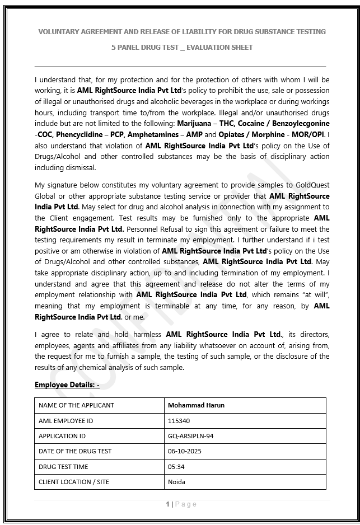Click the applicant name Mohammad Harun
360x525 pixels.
196,405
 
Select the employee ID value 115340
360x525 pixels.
179,420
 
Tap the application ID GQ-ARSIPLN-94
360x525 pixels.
190,435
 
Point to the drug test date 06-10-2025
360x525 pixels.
184,451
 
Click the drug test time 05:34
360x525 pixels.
176,466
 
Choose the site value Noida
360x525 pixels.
176,481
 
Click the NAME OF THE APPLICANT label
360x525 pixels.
76,405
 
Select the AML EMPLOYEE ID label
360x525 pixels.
66,420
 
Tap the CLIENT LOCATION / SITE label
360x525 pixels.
73,481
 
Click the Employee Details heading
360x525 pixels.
67,385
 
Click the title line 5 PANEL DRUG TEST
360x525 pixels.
182,48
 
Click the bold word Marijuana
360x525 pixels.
194,123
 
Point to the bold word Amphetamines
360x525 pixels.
151,134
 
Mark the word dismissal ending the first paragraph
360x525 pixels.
81,167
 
